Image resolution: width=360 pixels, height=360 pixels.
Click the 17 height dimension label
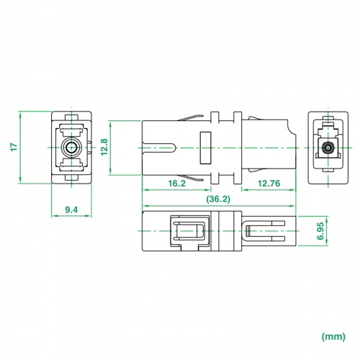14,147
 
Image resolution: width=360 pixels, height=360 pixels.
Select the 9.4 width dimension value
71,210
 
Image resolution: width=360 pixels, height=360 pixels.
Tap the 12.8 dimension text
104,147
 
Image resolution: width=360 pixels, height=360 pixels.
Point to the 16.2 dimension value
177,184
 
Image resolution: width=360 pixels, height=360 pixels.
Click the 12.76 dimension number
269,184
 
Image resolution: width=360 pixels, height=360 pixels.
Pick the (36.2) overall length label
218,199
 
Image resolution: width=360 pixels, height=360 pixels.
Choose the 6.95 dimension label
320,231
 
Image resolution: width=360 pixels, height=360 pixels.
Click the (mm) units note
333,337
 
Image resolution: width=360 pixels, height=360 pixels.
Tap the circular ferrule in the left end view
71,147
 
